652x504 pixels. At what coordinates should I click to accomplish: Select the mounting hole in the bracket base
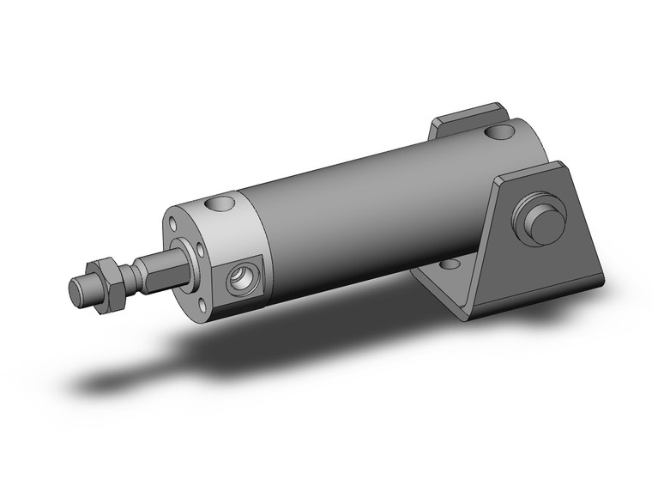click(x=447, y=265)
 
